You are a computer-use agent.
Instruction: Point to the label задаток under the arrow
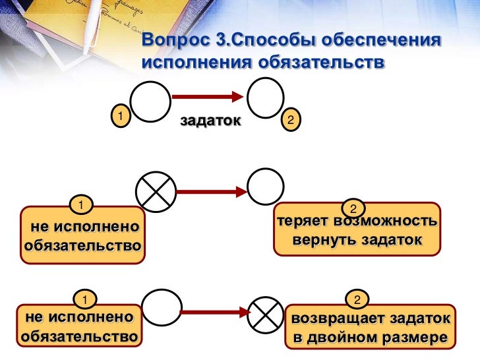pyautogui.click(x=210, y=121)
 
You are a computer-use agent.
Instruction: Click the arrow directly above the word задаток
pyautogui.click(x=207, y=97)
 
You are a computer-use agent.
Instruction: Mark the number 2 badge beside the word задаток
pyautogui.click(x=291, y=119)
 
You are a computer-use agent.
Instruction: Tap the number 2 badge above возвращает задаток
pyautogui.click(x=357, y=301)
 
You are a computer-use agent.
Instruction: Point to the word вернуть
pyautogui.click(x=325, y=240)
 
